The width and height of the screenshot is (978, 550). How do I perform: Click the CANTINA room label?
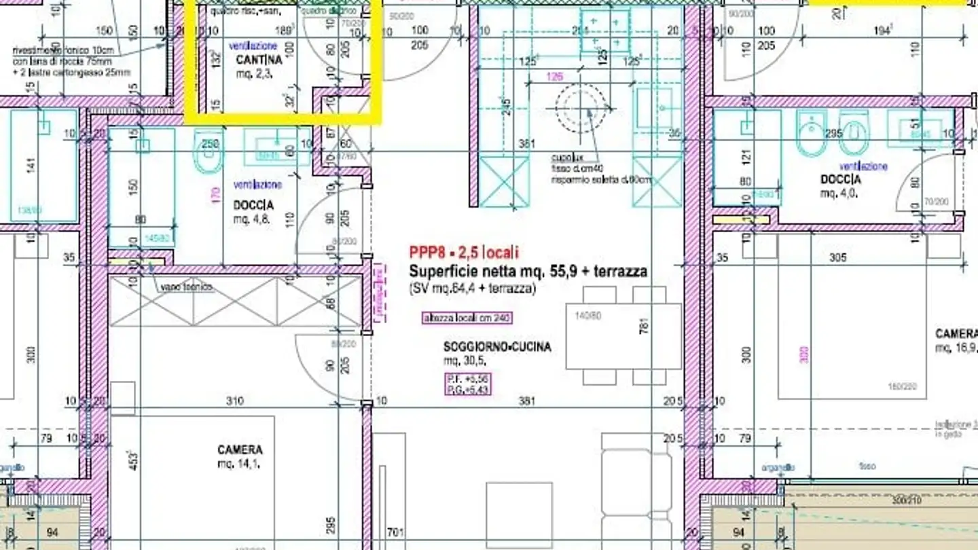click(259, 60)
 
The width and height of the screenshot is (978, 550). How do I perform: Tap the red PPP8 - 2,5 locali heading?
click(464, 253)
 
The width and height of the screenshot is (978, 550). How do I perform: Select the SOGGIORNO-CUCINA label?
click(497, 347)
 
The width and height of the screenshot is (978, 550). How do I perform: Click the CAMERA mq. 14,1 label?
click(240, 450)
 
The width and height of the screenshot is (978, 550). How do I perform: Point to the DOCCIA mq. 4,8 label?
click(254, 205)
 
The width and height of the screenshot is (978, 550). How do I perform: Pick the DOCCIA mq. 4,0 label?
click(841, 180)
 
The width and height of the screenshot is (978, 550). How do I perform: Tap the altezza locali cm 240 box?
click(467, 318)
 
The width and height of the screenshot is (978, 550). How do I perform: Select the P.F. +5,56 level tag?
click(467, 378)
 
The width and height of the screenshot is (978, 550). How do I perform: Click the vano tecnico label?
click(187, 288)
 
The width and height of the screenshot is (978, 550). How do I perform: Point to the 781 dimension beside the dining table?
click(645, 326)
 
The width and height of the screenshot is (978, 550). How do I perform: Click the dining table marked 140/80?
click(623, 336)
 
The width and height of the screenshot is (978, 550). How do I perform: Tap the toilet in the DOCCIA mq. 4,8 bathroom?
click(209, 153)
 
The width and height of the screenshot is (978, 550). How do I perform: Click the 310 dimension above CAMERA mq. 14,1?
click(234, 401)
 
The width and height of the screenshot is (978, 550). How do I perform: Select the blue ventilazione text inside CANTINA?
click(253, 46)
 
